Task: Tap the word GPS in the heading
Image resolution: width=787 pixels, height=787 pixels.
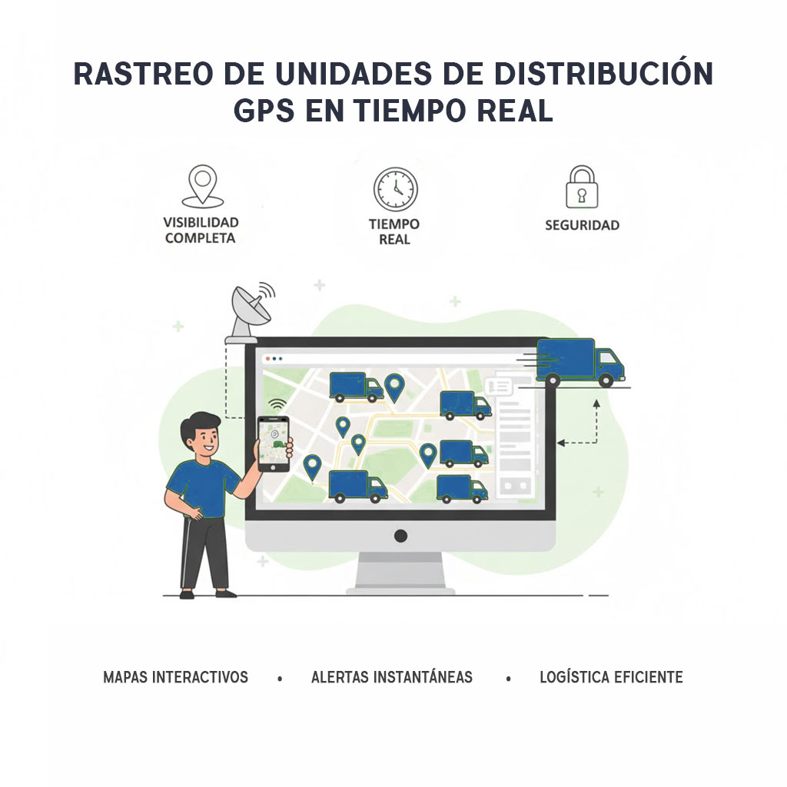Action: click(x=264, y=111)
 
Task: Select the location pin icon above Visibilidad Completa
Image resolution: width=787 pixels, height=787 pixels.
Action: click(x=203, y=186)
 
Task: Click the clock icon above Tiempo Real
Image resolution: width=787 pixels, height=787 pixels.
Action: click(x=396, y=189)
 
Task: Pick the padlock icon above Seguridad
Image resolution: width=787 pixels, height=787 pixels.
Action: click(x=583, y=187)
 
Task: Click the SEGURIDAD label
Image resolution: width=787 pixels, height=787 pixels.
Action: click(x=583, y=225)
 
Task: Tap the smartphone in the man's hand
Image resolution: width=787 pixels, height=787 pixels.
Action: click(x=274, y=443)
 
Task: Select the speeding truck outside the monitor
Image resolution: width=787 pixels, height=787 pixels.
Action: click(x=577, y=362)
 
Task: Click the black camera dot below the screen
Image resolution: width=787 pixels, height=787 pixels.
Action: click(x=400, y=536)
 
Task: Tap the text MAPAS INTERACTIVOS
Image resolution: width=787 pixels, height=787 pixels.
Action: click(x=176, y=677)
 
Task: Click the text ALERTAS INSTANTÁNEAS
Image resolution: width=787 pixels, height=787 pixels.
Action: click(x=392, y=677)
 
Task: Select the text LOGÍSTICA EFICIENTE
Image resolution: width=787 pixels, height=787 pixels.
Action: click(x=611, y=677)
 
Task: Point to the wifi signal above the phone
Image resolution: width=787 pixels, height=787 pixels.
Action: click(x=277, y=404)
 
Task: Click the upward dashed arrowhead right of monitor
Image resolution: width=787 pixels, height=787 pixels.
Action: click(x=596, y=403)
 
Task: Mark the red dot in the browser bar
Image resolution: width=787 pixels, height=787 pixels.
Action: click(x=267, y=358)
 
